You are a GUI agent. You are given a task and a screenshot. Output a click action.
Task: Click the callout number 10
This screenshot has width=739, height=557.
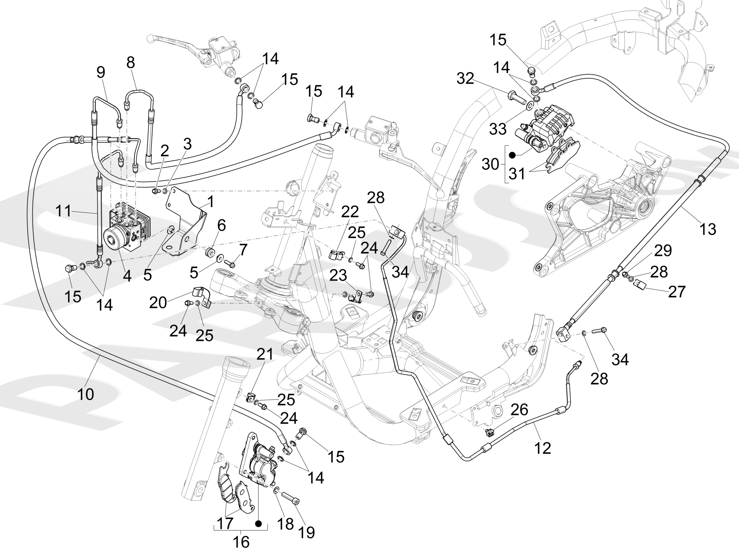tap(86, 394)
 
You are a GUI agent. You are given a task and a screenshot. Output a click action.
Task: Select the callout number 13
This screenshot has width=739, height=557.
tap(708, 229)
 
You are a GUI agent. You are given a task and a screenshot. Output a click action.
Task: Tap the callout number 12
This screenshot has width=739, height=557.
tap(543, 448)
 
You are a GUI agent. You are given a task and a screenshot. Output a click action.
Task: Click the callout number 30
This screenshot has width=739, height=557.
tap(490, 164)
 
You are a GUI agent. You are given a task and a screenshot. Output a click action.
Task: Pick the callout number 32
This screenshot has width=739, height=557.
tap(465, 78)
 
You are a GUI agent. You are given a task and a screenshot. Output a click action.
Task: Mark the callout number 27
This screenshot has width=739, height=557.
tap(677, 291)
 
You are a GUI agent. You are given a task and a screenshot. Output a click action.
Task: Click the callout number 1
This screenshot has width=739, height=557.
tap(210, 202)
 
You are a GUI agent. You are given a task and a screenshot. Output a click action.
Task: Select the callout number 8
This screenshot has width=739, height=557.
tap(131, 62)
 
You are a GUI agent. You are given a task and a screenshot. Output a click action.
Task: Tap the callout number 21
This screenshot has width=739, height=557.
tap(265, 354)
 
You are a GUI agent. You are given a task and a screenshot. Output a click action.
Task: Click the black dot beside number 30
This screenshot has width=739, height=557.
tap(512, 155)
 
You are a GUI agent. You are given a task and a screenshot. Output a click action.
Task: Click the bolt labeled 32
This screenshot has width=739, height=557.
tap(515, 97)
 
